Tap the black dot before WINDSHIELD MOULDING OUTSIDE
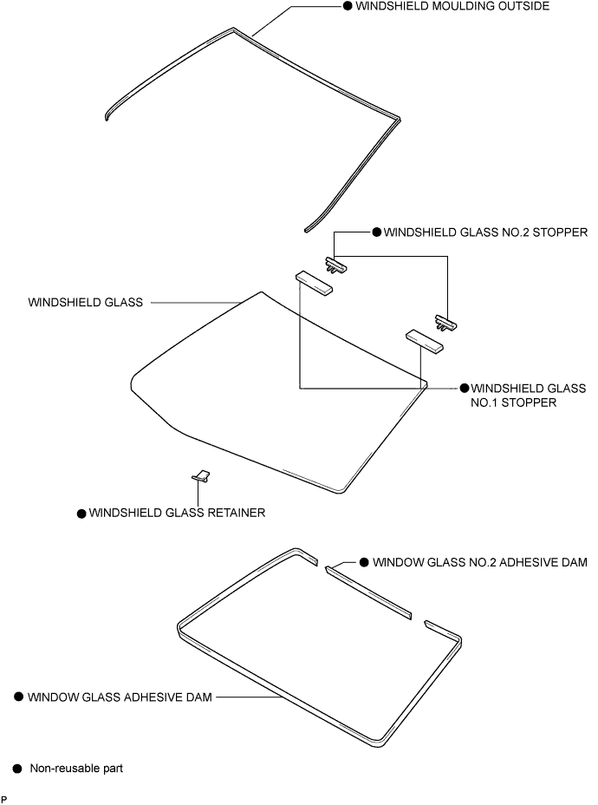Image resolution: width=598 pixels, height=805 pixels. tap(347, 6)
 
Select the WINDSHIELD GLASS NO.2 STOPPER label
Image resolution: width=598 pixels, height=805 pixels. tap(485, 232)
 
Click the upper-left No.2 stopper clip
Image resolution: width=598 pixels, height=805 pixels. tap(336, 264)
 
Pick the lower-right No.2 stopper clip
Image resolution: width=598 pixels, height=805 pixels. tap(446, 324)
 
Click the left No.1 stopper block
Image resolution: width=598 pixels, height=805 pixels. tap(315, 283)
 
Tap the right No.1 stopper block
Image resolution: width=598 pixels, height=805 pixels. tap(425, 339)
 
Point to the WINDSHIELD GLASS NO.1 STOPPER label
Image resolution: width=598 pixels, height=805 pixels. tap(527, 395)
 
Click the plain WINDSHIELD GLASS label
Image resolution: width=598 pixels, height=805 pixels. tap(86, 303)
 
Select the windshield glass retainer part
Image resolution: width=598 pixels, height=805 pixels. tap(202, 475)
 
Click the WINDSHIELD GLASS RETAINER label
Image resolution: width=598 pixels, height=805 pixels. tap(177, 513)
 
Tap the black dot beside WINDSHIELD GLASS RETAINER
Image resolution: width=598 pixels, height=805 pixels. tap(81, 514)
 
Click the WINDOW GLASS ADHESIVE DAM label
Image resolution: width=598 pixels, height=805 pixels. tap(120, 696)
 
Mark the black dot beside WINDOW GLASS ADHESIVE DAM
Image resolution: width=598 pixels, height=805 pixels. tap(17, 697)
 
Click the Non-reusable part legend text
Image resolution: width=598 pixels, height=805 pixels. tap(76, 768)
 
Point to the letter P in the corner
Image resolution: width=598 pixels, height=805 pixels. tap(4, 798)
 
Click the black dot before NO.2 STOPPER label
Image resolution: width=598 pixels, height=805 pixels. tap(376, 232)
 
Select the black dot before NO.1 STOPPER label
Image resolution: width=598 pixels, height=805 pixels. tap(464, 388)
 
